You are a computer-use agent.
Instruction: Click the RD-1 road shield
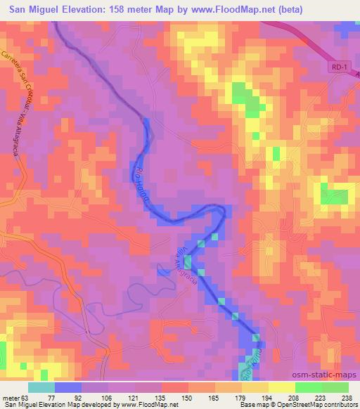[x=337, y=66]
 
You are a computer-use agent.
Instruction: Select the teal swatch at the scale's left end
[x=41, y=387]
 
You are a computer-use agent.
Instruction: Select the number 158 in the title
[x=134, y=8]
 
